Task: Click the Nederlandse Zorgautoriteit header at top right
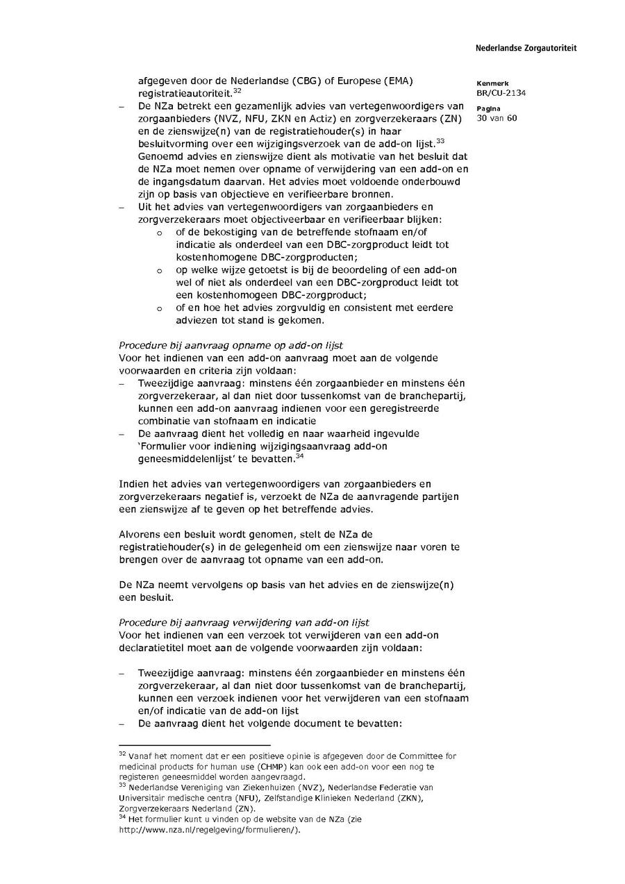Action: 526,48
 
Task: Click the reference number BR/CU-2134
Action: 500,92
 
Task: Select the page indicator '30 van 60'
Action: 497,117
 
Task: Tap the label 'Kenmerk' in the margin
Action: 492,83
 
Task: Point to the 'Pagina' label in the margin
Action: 489,108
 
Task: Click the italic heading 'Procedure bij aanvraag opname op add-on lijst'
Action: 231,345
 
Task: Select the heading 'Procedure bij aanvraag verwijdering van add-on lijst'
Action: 244,622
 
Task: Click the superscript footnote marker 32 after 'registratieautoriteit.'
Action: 237,90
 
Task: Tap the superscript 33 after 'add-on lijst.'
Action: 440,141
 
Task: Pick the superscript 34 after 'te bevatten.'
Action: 299,456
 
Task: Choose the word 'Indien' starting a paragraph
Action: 133,483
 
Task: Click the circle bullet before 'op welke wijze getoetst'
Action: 160,271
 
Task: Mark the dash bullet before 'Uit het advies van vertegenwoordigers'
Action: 122,207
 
